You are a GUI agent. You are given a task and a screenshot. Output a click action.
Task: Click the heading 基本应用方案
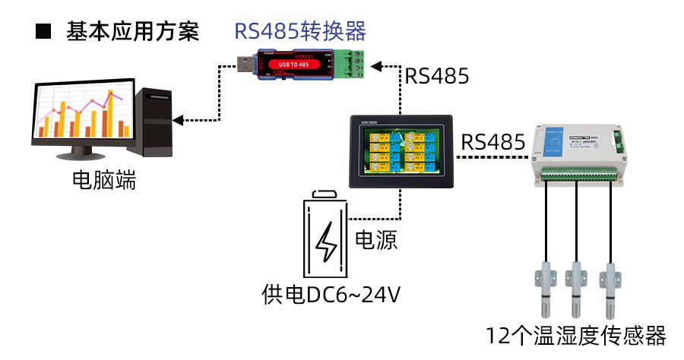(x=133, y=32)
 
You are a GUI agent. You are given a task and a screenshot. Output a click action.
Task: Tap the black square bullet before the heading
(x=43, y=32)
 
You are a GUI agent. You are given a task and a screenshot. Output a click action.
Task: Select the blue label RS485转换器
(x=299, y=31)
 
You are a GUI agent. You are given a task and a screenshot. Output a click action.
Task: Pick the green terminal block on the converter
(x=350, y=64)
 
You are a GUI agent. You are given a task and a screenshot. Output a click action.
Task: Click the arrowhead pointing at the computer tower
(x=179, y=119)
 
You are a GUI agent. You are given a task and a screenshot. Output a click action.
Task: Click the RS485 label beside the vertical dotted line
(x=436, y=76)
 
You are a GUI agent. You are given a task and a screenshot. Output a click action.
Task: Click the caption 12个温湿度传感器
(x=577, y=335)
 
